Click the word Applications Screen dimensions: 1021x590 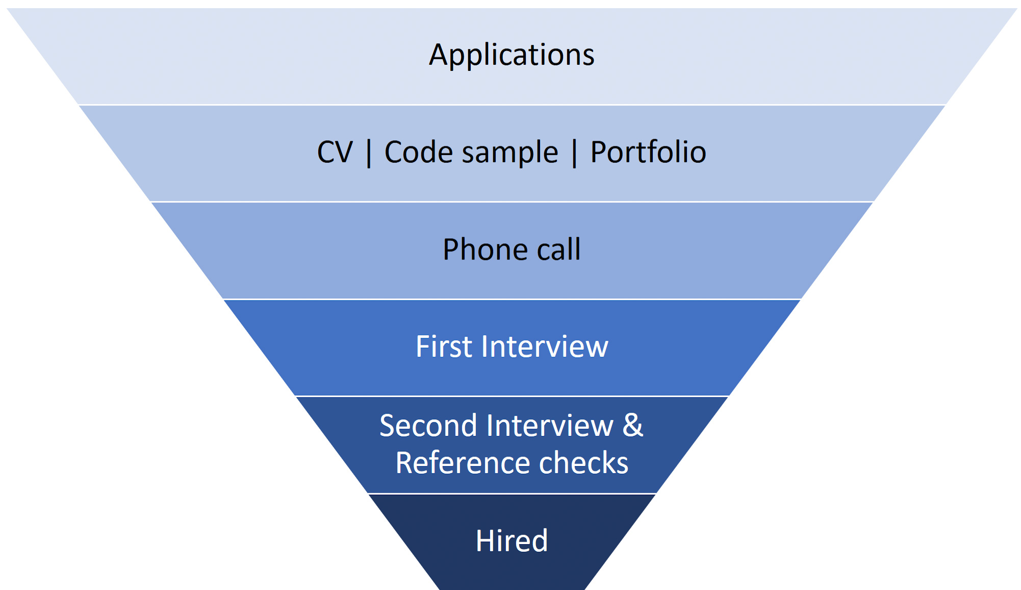pos(512,55)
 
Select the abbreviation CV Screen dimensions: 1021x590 pos(335,152)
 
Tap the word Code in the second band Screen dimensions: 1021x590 pos(418,152)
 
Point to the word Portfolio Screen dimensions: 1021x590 pos(648,152)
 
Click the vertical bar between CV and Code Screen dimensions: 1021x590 pos(369,153)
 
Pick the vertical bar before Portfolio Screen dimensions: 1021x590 pos(575,153)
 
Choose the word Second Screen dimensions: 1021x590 pos(428,426)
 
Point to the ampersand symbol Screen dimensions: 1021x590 pos(633,425)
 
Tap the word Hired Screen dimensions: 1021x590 pos(512,541)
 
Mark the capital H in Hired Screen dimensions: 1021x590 pos(485,541)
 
